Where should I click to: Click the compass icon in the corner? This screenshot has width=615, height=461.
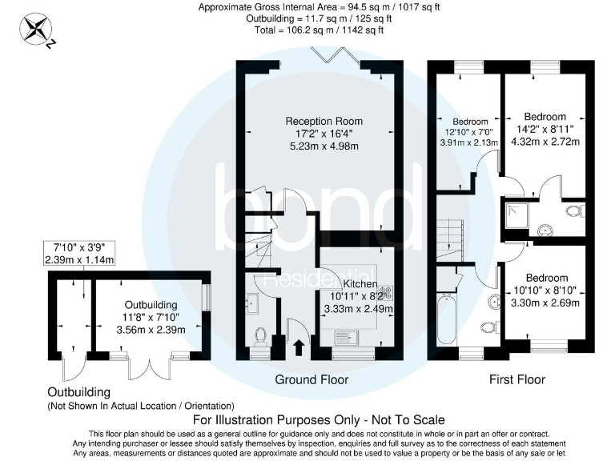37,30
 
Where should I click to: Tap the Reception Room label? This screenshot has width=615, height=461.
319,121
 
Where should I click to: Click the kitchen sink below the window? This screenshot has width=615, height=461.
350,337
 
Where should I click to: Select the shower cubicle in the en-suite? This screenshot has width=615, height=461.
515,213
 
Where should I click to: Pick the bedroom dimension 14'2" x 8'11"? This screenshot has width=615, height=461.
545,130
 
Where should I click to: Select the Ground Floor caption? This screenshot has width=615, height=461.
312,379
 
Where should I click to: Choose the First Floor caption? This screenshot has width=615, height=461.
517,379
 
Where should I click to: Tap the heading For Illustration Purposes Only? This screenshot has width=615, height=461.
319,419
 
